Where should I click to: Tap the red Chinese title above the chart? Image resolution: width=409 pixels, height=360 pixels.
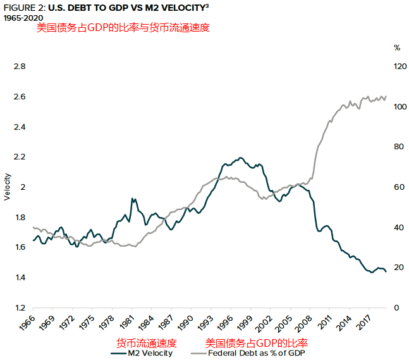click(123, 28)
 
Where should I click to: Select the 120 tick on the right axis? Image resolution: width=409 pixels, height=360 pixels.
click(398, 66)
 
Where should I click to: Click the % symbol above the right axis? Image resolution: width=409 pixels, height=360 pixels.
click(397, 47)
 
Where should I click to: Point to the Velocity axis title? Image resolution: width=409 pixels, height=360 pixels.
click(8, 187)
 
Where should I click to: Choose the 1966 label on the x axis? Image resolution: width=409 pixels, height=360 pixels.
click(25, 323)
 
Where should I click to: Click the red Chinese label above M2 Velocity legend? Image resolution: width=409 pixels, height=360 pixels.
click(147, 343)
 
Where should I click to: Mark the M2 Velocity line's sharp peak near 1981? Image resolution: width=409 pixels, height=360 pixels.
click(132, 199)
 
